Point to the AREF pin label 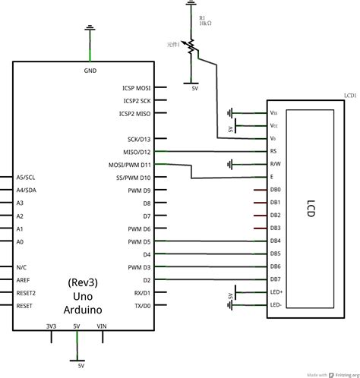coord(24,279)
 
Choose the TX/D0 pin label coord(143,305)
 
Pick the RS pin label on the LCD coord(273,151)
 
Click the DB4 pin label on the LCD coord(275,241)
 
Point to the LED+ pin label coord(276,291)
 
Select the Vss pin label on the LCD coord(273,112)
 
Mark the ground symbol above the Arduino coord(90,30)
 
